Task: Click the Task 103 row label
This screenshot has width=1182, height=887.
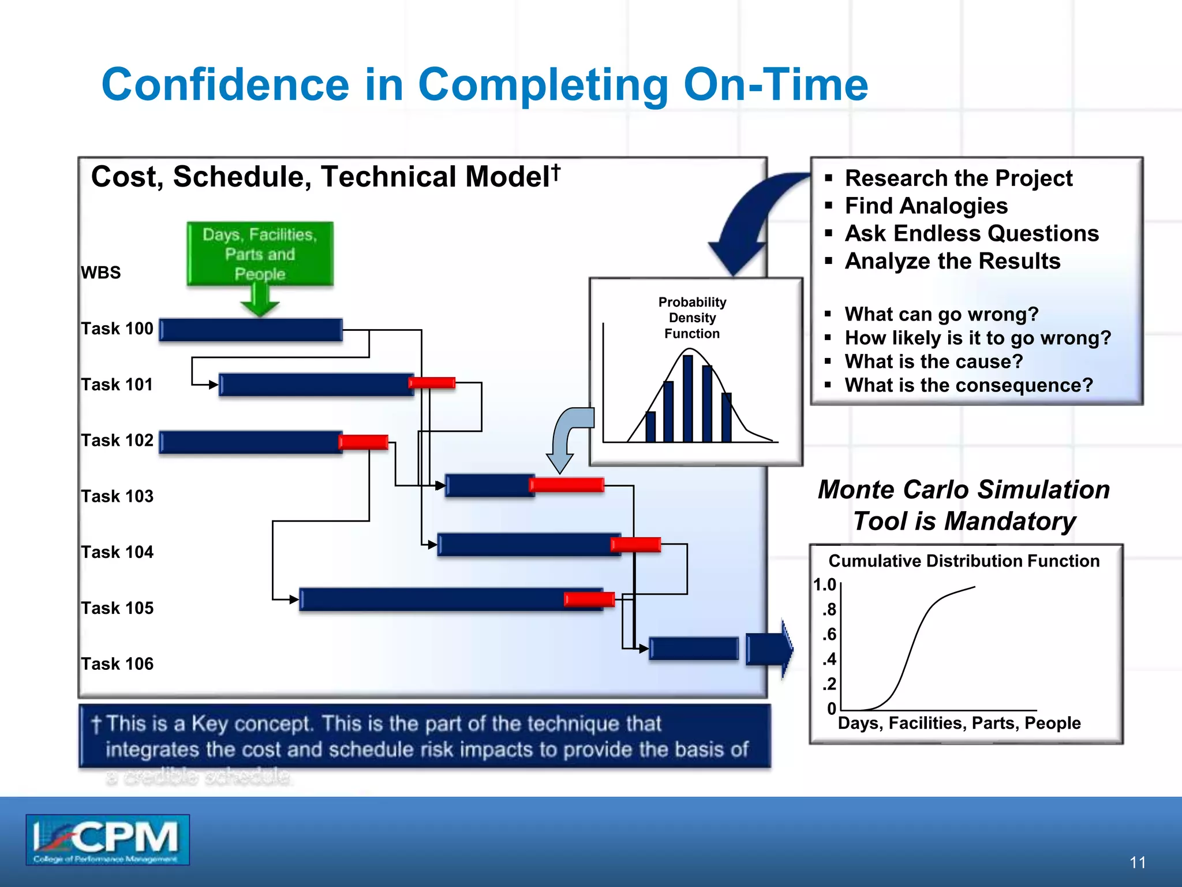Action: point(117,496)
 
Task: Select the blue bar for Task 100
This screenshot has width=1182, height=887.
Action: point(250,330)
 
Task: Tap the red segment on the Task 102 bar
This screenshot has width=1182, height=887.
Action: point(363,442)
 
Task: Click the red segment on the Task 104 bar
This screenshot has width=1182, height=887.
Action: point(635,544)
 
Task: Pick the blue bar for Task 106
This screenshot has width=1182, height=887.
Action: point(694,649)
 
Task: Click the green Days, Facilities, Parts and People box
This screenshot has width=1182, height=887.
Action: point(260,254)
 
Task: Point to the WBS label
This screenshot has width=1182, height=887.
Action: point(101,273)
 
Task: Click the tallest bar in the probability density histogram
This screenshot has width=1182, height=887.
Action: point(687,398)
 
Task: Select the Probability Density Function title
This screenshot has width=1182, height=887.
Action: point(692,318)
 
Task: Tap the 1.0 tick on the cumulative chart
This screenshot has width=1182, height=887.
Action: point(825,584)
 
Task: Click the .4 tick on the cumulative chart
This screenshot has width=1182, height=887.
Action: point(829,659)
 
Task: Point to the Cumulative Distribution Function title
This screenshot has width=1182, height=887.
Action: point(964,561)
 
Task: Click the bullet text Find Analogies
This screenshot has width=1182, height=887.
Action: point(926,206)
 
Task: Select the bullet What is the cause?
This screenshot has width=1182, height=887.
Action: point(934,361)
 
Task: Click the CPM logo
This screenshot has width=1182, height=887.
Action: point(107,840)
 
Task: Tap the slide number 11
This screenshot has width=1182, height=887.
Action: point(1138,863)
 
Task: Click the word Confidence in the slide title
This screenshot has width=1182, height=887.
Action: point(225,84)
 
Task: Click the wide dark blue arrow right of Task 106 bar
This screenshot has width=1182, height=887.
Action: point(769,649)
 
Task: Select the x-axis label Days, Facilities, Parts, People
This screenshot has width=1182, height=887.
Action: point(959,723)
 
